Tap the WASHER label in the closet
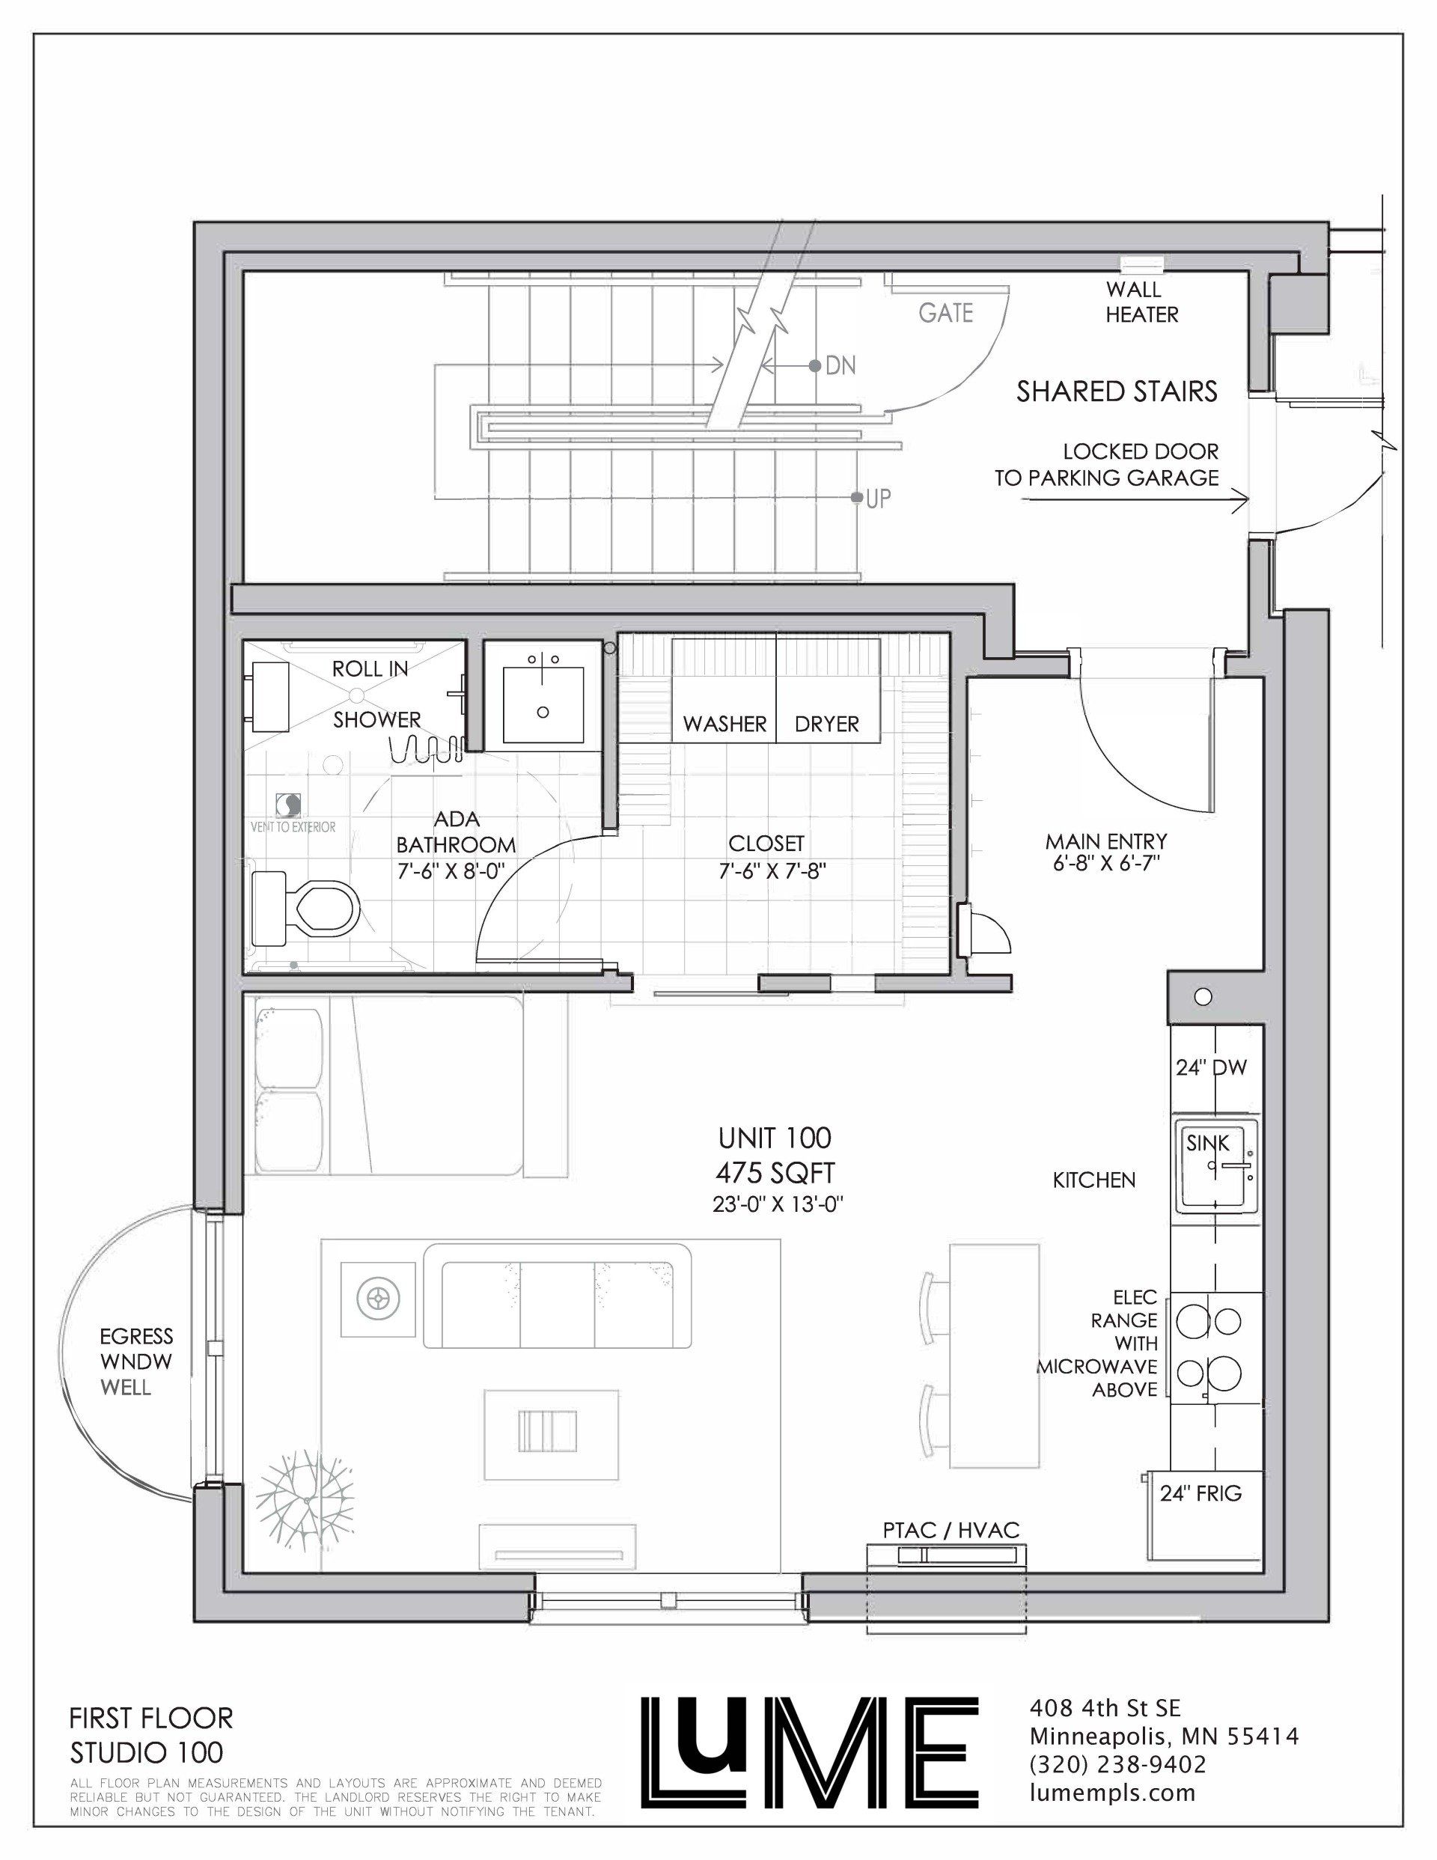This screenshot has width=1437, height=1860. (725, 724)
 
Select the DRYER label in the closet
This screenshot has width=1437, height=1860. (826, 724)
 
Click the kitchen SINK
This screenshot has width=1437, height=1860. (1217, 1166)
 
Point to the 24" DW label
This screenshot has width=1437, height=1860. (1211, 1067)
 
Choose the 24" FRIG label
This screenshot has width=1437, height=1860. (1201, 1493)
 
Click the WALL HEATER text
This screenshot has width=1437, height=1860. (1141, 302)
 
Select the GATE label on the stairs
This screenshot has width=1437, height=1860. (945, 314)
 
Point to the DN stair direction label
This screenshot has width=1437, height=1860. (840, 366)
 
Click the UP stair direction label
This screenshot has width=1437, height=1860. (878, 498)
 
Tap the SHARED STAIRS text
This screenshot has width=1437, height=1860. (1117, 391)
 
